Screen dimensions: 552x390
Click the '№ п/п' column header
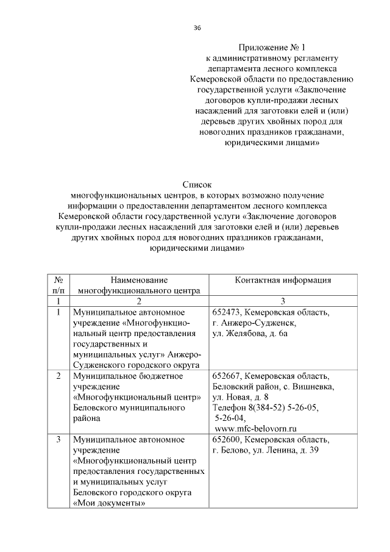tap(57, 285)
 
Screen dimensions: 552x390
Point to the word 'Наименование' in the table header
tap(139, 280)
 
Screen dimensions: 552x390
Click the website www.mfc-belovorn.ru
tap(255, 429)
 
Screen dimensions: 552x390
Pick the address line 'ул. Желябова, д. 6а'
tap(250, 334)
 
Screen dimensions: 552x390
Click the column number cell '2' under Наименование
tap(139, 301)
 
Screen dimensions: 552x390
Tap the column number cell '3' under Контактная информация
tap(283, 301)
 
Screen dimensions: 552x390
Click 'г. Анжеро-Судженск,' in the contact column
tap(254, 323)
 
